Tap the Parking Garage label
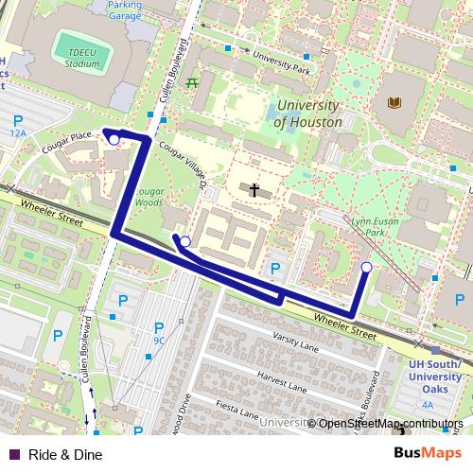(131, 10)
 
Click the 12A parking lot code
(18, 134)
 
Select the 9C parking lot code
(159, 341)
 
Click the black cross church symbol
(254, 190)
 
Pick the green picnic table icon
(193, 82)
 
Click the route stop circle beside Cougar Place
(114, 140)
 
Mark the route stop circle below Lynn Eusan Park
(366, 268)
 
